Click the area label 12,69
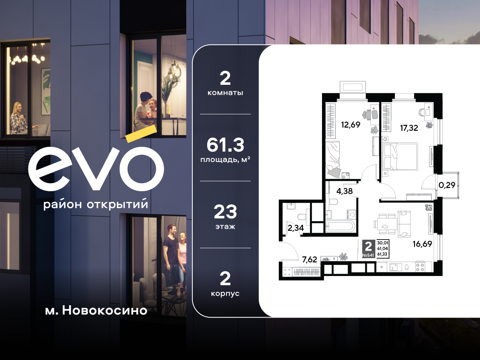(x=350, y=125)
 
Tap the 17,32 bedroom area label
(x=409, y=128)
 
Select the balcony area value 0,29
(x=447, y=185)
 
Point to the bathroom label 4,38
(x=344, y=191)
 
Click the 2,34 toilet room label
(x=296, y=228)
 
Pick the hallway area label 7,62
(x=310, y=260)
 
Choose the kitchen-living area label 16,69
(x=422, y=244)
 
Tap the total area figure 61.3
(x=225, y=145)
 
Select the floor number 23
(x=225, y=212)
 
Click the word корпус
(x=225, y=294)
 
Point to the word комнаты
(x=225, y=93)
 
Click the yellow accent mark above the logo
(x=141, y=134)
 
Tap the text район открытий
(x=96, y=204)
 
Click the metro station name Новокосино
(x=105, y=311)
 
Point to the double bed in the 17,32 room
(x=400, y=156)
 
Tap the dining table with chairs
(x=385, y=224)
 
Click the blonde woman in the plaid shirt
(x=19, y=118)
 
